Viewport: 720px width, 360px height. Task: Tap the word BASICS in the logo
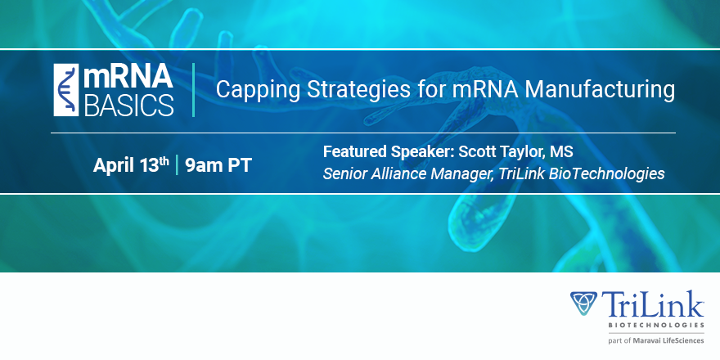tap(129, 105)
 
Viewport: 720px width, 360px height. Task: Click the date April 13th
tap(132, 164)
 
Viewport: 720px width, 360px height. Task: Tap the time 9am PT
tap(218, 165)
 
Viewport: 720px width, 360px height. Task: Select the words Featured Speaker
tap(389, 151)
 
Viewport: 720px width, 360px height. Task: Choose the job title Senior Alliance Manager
tap(407, 173)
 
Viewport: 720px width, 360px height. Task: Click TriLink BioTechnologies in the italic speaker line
tap(579, 173)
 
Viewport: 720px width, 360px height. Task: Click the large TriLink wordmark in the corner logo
tap(653, 304)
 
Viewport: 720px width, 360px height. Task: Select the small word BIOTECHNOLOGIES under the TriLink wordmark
tap(656, 325)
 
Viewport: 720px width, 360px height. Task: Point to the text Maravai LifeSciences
tap(668, 340)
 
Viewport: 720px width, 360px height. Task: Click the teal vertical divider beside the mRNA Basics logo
tap(193, 90)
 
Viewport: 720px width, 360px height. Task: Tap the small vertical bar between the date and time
tap(177, 165)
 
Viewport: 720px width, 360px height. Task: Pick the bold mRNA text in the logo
tap(128, 77)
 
